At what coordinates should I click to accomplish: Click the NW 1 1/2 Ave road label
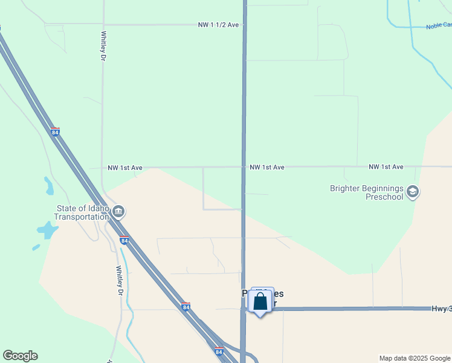[x=219, y=25]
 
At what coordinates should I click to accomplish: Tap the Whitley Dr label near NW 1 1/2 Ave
[x=103, y=46]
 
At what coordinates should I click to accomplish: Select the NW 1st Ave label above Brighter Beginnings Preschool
[x=386, y=166]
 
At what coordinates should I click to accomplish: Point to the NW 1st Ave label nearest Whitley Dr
[x=124, y=168]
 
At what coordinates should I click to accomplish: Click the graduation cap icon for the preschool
[x=413, y=192]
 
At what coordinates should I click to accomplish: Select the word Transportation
[x=79, y=218]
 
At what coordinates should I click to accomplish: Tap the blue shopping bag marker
[x=260, y=301]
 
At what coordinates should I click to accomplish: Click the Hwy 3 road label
[x=441, y=309]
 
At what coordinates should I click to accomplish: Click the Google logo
[x=20, y=356]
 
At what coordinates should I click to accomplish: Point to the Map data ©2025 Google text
[x=414, y=358]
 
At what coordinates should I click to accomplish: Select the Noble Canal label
[x=438, y=25]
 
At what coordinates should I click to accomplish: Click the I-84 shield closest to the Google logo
[x=218, y=351]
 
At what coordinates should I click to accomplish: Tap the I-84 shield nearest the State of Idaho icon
[x=124, y=240]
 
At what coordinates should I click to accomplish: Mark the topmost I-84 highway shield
[x=55, y=132]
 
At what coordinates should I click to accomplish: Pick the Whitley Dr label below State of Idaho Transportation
[x=120, y=281]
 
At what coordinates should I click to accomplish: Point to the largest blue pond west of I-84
[x=47, y=230]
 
